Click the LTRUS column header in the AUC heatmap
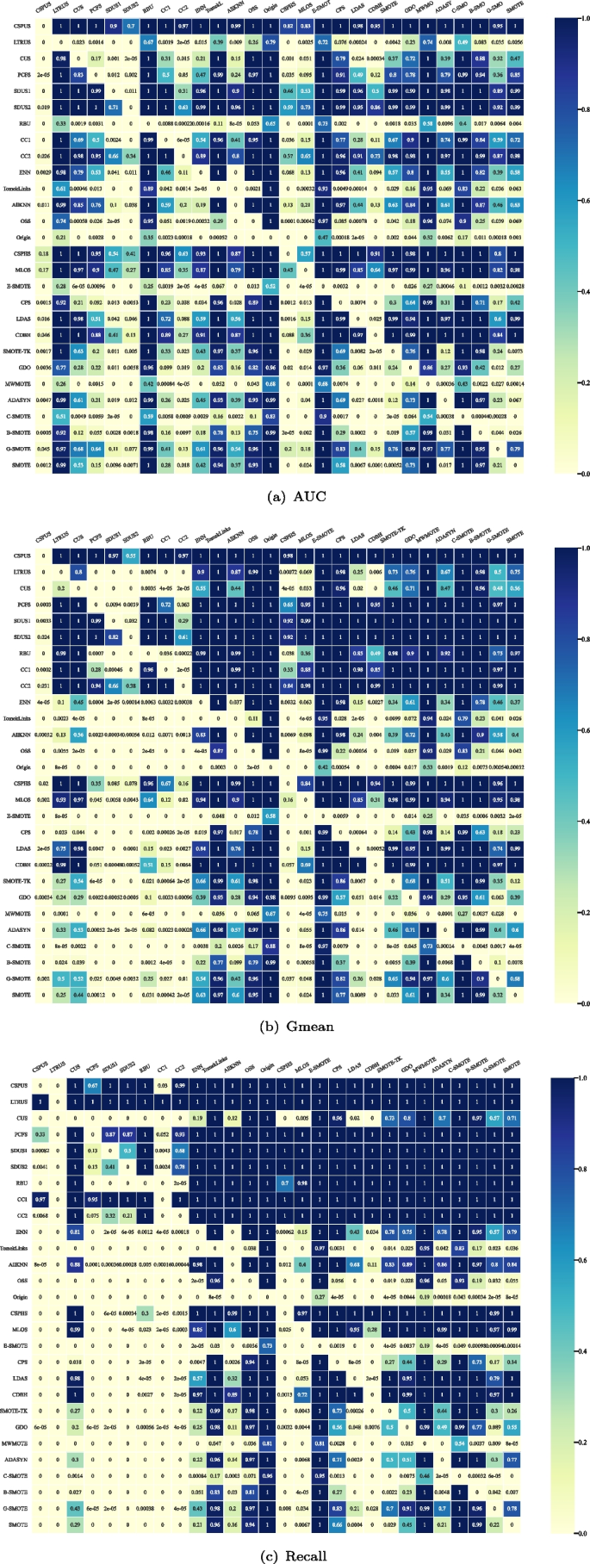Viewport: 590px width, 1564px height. pyautogui.click(x=59, y=10)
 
